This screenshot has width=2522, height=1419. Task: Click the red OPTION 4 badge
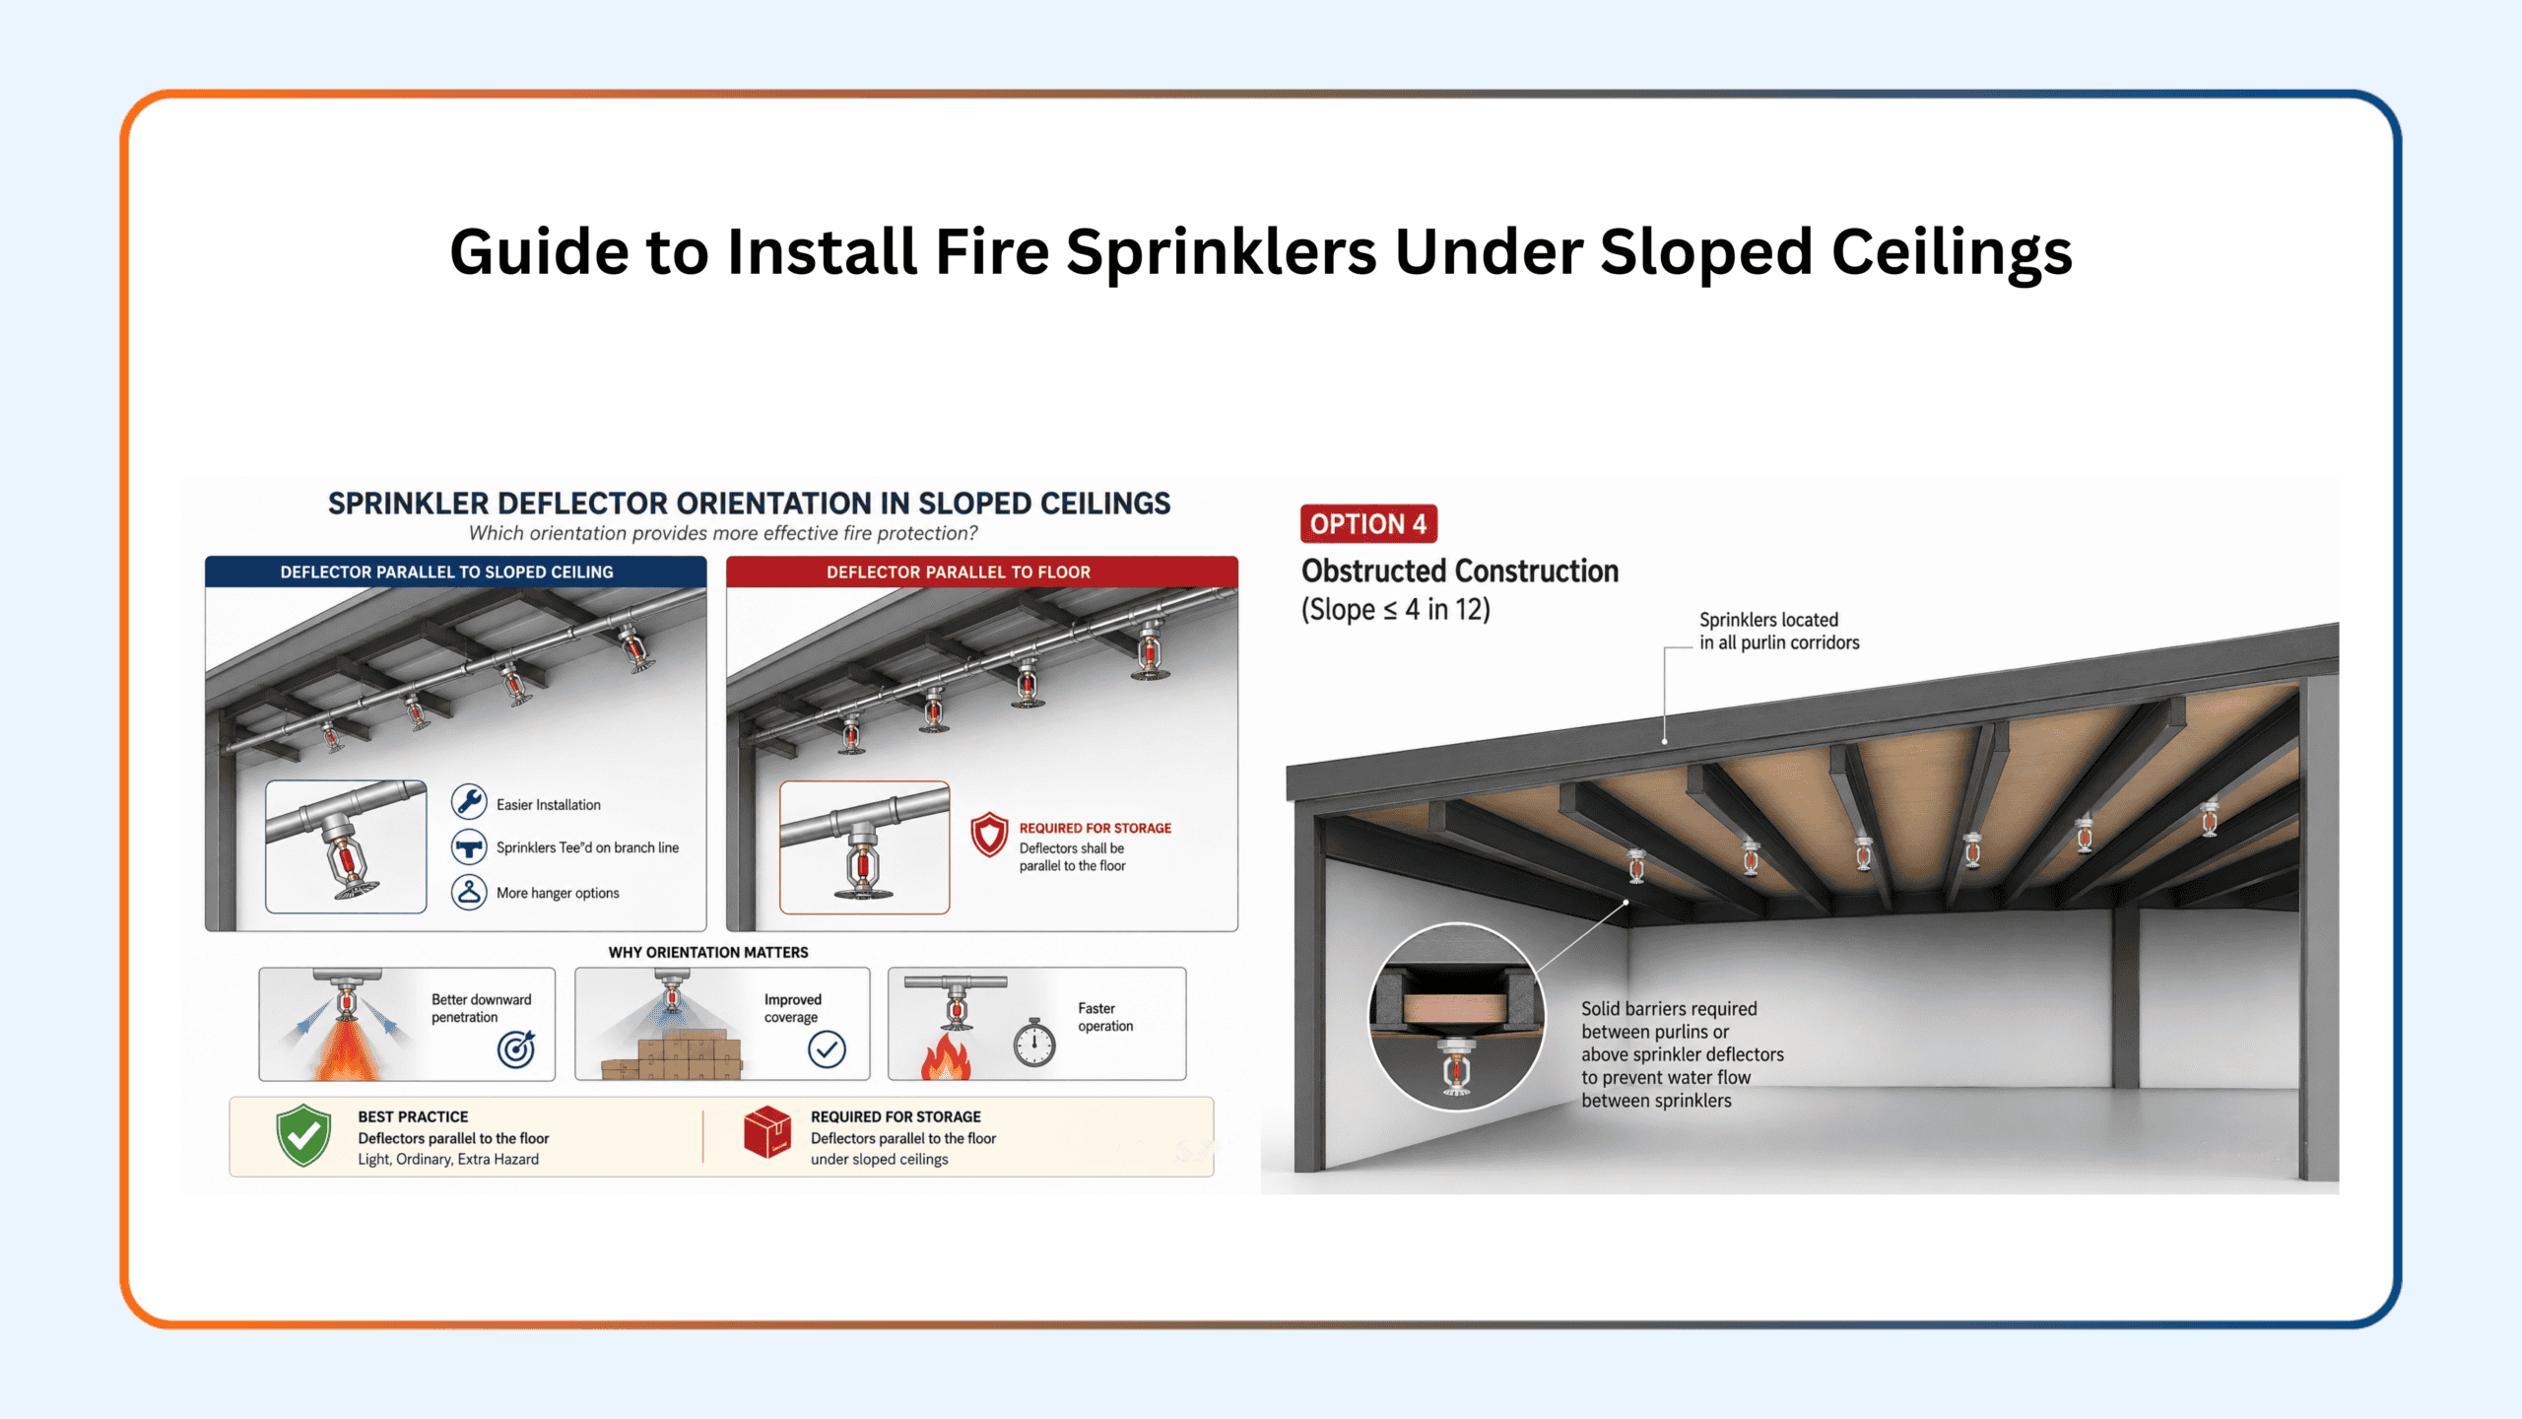tap(1368, 523)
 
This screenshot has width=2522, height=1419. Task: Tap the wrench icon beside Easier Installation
tap(469, 802)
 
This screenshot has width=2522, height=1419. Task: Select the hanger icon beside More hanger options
tap(469, 892)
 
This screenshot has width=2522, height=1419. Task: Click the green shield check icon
tap(303, 1135)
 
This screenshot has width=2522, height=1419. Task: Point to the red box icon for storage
tap(767, 1132)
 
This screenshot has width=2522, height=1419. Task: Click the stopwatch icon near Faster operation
tap(1034, 1043)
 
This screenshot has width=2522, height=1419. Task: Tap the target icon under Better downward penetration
tap(516, 1049)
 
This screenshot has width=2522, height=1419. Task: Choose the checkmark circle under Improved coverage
tap(827, 1049)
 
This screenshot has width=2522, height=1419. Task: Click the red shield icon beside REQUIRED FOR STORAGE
tap(989, 835)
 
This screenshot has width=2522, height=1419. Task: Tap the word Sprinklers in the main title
tap(1222, 252)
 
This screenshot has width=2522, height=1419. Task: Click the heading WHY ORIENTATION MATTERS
tap(708, 952)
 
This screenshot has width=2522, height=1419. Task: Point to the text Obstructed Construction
tap(1460, 572)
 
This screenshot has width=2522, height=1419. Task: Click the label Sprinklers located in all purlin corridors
tap(1779, 631)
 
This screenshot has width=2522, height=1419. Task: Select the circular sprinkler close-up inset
tap(1457, 1016)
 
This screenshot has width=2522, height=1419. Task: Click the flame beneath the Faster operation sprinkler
tap(946, 1055)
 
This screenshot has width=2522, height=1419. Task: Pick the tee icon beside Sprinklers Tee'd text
tap(469, 846)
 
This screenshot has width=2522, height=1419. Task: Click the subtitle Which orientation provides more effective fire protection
tap(723, 533)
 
